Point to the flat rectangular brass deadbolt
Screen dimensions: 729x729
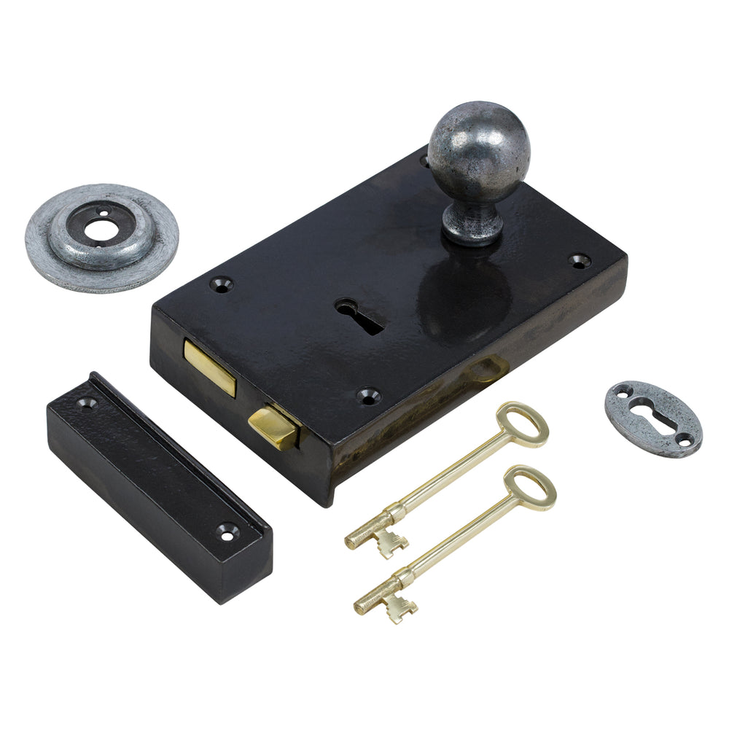[x=210, y=367]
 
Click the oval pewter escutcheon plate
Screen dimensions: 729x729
[x=652, y=418]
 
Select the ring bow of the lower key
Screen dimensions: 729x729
[x=531, y=487]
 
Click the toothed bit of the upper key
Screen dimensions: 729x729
[x=390, y=542]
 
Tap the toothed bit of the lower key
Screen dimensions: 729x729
[x=400, y=607]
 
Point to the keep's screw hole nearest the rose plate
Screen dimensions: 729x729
[x=88, y=400]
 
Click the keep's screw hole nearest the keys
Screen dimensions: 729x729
[x=229, y=532]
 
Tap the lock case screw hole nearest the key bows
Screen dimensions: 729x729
[x=369, y=396]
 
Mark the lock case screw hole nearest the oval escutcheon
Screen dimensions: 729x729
[x=580, y=260]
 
